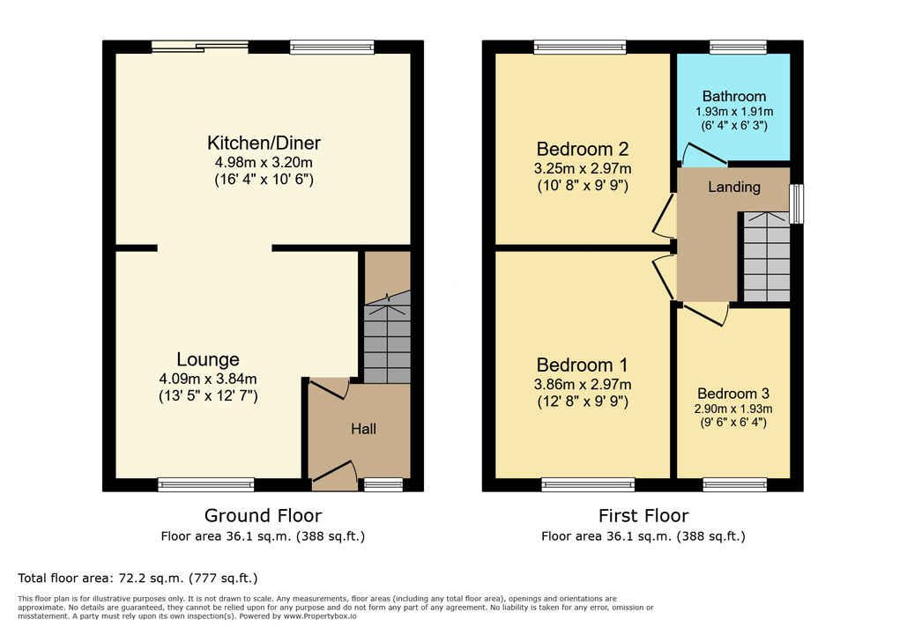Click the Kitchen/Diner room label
click(264, 143)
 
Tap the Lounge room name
click(208, 359)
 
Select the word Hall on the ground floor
click(363, 429)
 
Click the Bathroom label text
click(734, 97)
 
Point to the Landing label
click(734, 187)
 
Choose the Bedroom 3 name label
click(733, 394)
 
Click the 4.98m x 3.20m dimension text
click(264, 162)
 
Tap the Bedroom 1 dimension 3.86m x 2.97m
click(583, 384)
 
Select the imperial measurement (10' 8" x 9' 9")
click(583, 186)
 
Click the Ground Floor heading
click(264, 515)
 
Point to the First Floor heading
click(643, 515)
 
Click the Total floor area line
click(138, 578)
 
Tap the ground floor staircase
click(387, 337)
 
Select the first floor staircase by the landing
click(767, 256)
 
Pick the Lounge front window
click(206, 485)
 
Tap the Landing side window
click(797, 203)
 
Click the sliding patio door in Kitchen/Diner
click(200, 47)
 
